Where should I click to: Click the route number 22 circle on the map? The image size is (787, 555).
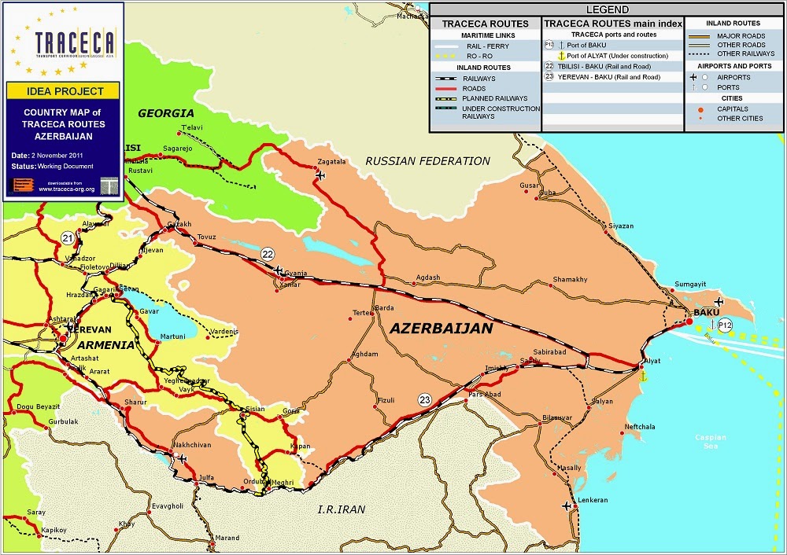coord(268,254)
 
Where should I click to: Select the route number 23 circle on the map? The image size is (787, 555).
coord(425,399)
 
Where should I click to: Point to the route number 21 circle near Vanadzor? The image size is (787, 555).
coord(68,238)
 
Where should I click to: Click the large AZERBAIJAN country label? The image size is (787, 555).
coord(441,328)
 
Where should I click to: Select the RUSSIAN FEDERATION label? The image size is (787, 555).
coord(427,161)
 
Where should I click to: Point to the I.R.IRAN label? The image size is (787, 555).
coord(342,509)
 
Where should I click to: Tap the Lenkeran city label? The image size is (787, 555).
coord(593,500)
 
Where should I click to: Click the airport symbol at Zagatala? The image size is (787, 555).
coord(320,175)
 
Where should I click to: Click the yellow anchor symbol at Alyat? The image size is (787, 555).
coord(642,377)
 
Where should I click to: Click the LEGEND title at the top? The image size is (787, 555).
coord(607,9)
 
